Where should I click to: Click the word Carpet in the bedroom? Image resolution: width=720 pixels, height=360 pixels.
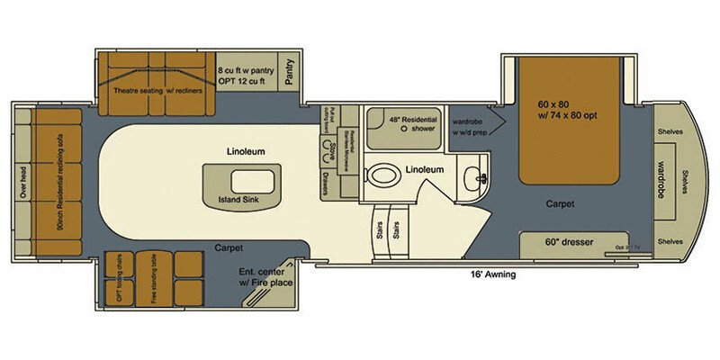(x=560, y=203)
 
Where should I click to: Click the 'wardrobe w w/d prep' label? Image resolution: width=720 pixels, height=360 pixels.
(x=471, y=129)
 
